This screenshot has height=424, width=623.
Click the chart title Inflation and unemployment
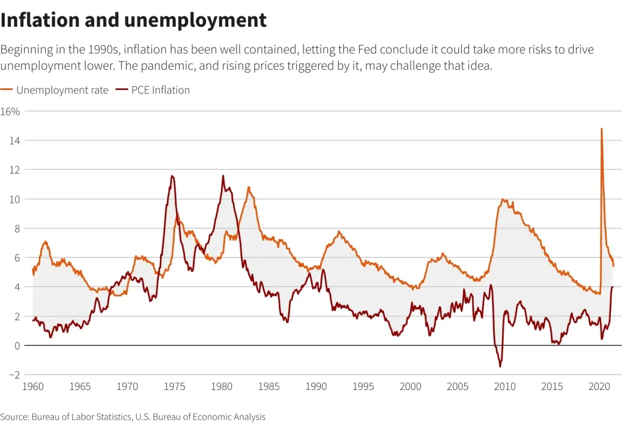[x=133, y=20]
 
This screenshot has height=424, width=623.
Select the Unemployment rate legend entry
[x=62, y=90]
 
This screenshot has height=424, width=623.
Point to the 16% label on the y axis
[x=10, y=111]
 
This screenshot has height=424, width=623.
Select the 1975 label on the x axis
[x=175, y=386]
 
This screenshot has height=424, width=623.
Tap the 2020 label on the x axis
[x=600, y=386]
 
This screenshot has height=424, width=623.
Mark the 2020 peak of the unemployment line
[x=602, y=129]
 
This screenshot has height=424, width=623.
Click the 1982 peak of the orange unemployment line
[x=248, y=188]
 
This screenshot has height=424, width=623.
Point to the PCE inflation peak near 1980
[x=223, y=176]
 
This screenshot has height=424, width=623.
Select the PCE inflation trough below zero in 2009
[x=500, y=366]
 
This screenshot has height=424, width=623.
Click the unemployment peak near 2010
[x=503, y=199]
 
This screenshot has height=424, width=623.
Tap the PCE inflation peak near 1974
[x=172, y=176]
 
